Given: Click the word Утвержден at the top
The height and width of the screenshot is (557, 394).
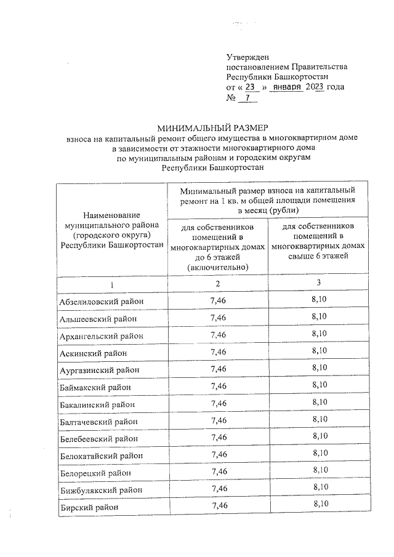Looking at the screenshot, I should [x=247, y=57].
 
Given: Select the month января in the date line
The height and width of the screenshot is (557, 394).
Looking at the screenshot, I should [x=287, y=87].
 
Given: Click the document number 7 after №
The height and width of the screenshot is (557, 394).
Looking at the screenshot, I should [x=247, y=98].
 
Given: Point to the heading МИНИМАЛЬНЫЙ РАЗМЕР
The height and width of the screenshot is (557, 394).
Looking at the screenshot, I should [x=212, y=129].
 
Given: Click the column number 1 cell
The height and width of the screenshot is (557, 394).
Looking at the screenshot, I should [x=111, y=284].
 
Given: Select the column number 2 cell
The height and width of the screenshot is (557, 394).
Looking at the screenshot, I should [x=218, y=284].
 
